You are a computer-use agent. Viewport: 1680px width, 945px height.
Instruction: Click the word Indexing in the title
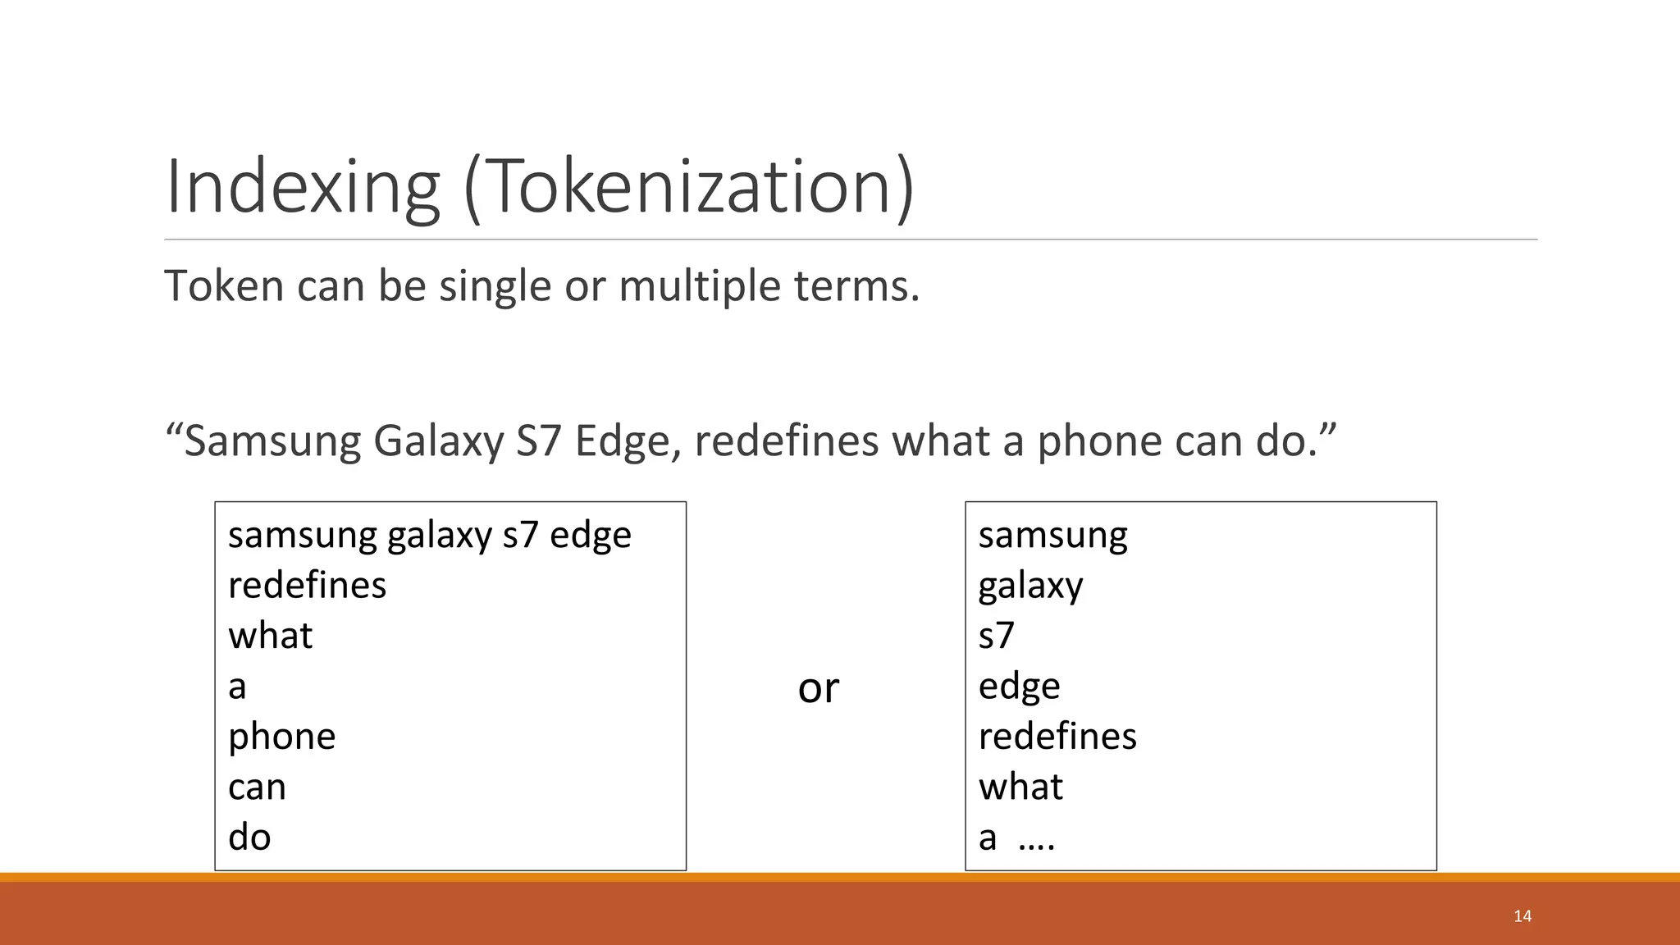[x=302, y=187]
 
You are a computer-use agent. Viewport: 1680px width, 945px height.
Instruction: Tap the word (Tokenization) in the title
[x=689, y=187]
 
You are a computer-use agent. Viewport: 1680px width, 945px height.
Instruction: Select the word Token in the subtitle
[x=223, y=285]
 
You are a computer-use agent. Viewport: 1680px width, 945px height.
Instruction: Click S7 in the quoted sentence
[x=539, y=441]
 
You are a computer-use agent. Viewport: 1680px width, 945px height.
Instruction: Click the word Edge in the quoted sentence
[x=623, y=442]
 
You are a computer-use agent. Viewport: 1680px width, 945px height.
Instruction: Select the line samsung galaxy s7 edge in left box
[x=430, y=536]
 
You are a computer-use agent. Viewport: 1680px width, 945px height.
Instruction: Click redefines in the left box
[x=307, y=585]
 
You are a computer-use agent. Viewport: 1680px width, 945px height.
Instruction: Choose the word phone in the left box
[x=281, y=737]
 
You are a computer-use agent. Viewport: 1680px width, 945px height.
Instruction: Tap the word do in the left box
[x=249, y=837]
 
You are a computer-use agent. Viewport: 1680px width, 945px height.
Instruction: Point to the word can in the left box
[x=257, y=787]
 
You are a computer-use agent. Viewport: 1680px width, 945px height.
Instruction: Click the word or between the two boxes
[x=818, y=687]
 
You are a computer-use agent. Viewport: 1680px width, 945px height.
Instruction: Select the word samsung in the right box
[x=1052, y=536]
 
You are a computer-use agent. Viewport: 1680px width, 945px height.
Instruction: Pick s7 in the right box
[x=996, y=636]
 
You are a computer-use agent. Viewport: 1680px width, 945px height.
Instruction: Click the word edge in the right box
[x=1019, y=687]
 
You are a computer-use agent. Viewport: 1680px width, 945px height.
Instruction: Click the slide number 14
[x=1522, y=916]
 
